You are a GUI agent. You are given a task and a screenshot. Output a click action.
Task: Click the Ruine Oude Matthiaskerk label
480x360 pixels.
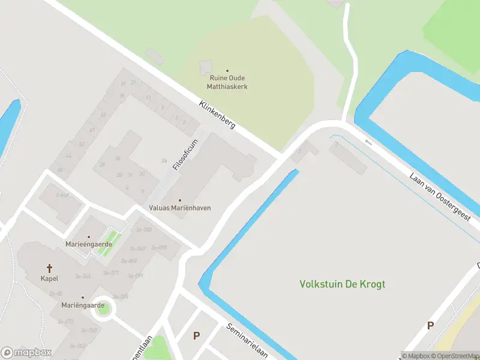pos(228,82)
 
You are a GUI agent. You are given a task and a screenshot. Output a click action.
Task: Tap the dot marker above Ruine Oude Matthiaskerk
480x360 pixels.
pos(227,71)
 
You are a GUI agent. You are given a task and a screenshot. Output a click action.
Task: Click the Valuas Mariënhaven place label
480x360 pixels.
pos(179,208)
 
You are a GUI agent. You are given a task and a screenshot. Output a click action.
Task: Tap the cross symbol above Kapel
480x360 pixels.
pos(49,268)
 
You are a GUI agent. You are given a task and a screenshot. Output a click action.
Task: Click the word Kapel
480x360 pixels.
pos(49,278)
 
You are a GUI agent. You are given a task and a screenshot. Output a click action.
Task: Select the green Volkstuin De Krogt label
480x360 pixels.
pos(343,284)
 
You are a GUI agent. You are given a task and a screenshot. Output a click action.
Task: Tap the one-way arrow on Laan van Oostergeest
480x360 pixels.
pos(368,142)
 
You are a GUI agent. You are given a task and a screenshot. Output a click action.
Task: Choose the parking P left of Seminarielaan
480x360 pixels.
pos(196,335)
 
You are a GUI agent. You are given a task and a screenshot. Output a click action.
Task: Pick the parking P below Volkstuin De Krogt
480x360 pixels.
pos(430,326)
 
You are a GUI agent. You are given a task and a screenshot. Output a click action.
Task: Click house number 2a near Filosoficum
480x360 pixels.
pos(164,160)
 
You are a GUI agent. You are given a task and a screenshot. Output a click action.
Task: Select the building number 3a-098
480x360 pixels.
pos(159,247)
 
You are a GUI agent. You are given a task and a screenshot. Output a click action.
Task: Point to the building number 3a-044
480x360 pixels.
pos(83,276)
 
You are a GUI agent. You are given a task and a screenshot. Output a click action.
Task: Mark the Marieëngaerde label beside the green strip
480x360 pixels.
pos(89,244)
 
